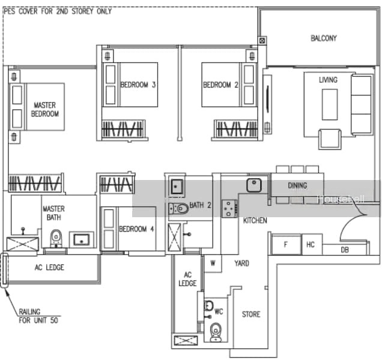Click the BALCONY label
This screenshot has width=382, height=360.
(324, 38)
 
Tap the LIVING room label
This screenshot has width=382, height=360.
(328, 80)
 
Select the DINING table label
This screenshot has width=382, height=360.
(297, 186)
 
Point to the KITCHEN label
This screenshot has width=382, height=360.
(255, 221)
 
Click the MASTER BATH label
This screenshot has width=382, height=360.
(53, 213)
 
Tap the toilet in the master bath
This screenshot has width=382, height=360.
(56, 238)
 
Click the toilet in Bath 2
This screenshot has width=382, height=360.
(179, 209)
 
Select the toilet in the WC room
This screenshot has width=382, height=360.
(216, 332)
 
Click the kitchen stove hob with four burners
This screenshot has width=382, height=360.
(229, 208)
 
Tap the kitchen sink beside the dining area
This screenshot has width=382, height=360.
(254, 185)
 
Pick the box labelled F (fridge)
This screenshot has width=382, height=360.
(286, 244)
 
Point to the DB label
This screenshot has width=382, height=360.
(345, 250)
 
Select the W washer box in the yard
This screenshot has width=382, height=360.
(213, 263)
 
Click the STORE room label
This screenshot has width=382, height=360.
(251, 314)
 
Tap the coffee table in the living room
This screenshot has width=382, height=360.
(330, 104)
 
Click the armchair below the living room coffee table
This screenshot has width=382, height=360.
(330, 139)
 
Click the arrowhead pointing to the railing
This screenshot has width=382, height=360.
(7, 292)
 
